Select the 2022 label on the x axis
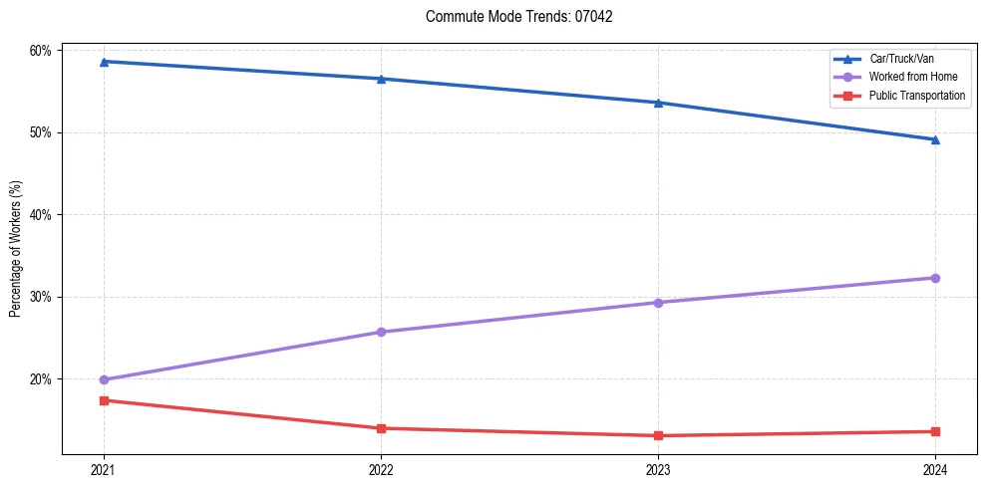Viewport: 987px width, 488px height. coord(381,468)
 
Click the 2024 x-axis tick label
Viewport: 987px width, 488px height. coord(935,468)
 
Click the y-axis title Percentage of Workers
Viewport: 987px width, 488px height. coord(16,249)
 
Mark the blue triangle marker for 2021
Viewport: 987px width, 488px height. coord(104,62)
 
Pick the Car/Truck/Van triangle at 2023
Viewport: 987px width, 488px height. coord(658,103)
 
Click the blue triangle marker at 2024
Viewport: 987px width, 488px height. coord(935,139)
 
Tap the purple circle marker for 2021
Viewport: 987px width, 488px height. coord(104,379)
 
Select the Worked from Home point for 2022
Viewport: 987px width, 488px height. coord(381,332)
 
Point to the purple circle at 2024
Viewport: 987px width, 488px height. coord(935,278)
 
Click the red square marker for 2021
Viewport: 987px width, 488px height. coord(104,400)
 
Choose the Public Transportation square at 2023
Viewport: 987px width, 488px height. coord(658,435)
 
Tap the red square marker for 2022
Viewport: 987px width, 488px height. coord(381,428)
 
